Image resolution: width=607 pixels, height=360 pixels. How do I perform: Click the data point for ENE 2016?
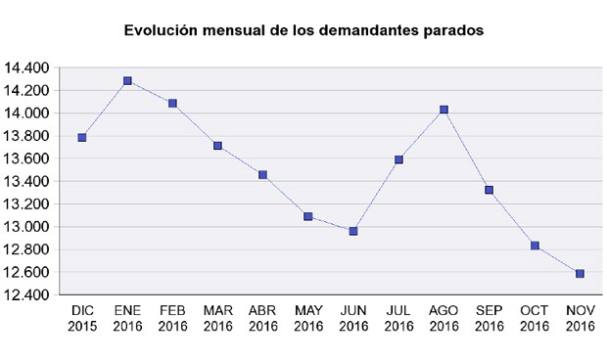[127, 81]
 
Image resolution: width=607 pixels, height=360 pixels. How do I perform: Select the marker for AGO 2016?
[444, 110]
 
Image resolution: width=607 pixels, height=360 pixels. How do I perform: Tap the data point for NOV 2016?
[580, 274]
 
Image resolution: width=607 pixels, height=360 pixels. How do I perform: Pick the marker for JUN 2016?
[353, 231]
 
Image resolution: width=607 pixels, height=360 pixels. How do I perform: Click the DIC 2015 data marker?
[82, 138]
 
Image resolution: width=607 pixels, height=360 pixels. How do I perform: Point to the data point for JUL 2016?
[398, 159]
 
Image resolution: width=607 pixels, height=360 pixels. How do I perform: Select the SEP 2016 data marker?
[489, 190]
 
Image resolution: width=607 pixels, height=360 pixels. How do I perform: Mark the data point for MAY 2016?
[308, 216]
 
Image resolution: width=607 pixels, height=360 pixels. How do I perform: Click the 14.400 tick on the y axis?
[27, 68]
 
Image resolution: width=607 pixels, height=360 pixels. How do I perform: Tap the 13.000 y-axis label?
[27, 227]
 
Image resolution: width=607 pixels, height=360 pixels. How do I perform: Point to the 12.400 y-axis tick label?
[27, 295]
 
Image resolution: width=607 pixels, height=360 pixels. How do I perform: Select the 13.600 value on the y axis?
[27, 159]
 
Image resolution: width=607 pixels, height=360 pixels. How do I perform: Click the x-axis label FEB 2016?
[172, 318]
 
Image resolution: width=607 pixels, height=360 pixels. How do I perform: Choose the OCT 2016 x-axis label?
[535, 318]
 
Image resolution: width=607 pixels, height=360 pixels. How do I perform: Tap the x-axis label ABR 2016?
[262, 318]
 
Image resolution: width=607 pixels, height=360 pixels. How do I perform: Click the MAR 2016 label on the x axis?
[217, 318]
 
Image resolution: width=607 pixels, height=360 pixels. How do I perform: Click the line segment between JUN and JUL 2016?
[376, 196]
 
